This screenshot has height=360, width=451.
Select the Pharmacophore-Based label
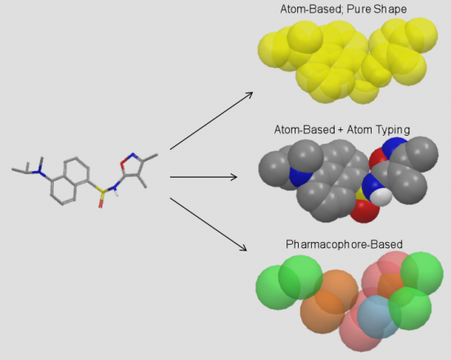click(x=344, y=245)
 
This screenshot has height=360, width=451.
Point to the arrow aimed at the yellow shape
click(x=211, y=121)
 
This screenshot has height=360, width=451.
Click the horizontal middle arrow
click(x=204, y=177)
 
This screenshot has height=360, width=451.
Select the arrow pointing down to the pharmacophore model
click(x=209, y=224)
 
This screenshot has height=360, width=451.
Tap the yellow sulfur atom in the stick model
click(x=101, y=191)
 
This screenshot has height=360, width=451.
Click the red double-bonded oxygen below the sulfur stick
click(x=101, y=202)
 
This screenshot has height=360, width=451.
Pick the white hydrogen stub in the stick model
click(x=116, y=193)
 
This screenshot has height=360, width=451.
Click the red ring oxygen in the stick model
click(x=124, y=163)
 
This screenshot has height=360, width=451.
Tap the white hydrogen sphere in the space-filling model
click(x=381, y=197)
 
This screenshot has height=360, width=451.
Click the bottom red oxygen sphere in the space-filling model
click(x=365, y=211)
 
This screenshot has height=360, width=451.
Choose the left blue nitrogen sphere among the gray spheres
click(x=299, y=177)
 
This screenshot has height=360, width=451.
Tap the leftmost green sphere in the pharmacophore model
click(x=277, y=287)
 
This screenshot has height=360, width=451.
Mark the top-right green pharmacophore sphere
click(x=422, y=274)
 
